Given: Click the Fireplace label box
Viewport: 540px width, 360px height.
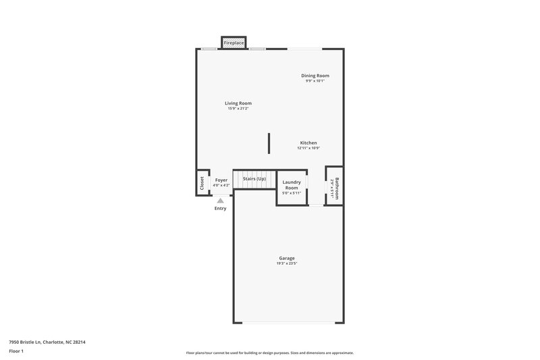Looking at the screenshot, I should pos(234,43).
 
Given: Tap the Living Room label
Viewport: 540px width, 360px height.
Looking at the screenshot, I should pos(238,103).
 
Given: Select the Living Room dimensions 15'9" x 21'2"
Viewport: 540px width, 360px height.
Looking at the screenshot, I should pos(238,109).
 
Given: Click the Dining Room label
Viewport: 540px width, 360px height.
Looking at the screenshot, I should pos(315,76).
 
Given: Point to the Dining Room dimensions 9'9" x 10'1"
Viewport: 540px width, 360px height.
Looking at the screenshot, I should pos(315,81).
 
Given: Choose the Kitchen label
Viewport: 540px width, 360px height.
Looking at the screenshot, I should pos(308,143).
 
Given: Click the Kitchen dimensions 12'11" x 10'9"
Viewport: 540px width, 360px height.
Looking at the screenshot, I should pos(308,148).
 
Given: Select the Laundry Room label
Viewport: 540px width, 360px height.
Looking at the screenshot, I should pos(292,184).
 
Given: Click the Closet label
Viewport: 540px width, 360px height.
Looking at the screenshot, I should pos(202,183).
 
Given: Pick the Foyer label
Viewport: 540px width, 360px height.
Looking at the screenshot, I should pos(221,180).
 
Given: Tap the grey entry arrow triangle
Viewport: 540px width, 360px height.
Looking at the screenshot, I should pos(220,200).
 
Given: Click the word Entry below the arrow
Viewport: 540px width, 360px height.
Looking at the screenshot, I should pos(220,208).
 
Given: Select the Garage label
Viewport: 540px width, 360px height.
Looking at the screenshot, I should pos(287,258).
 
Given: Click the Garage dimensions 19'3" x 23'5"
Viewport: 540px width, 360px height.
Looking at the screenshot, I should pos(287,263).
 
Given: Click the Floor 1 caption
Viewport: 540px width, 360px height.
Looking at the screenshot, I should pos(16,352).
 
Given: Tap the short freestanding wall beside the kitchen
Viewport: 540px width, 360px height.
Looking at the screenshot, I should pos(269,144).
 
